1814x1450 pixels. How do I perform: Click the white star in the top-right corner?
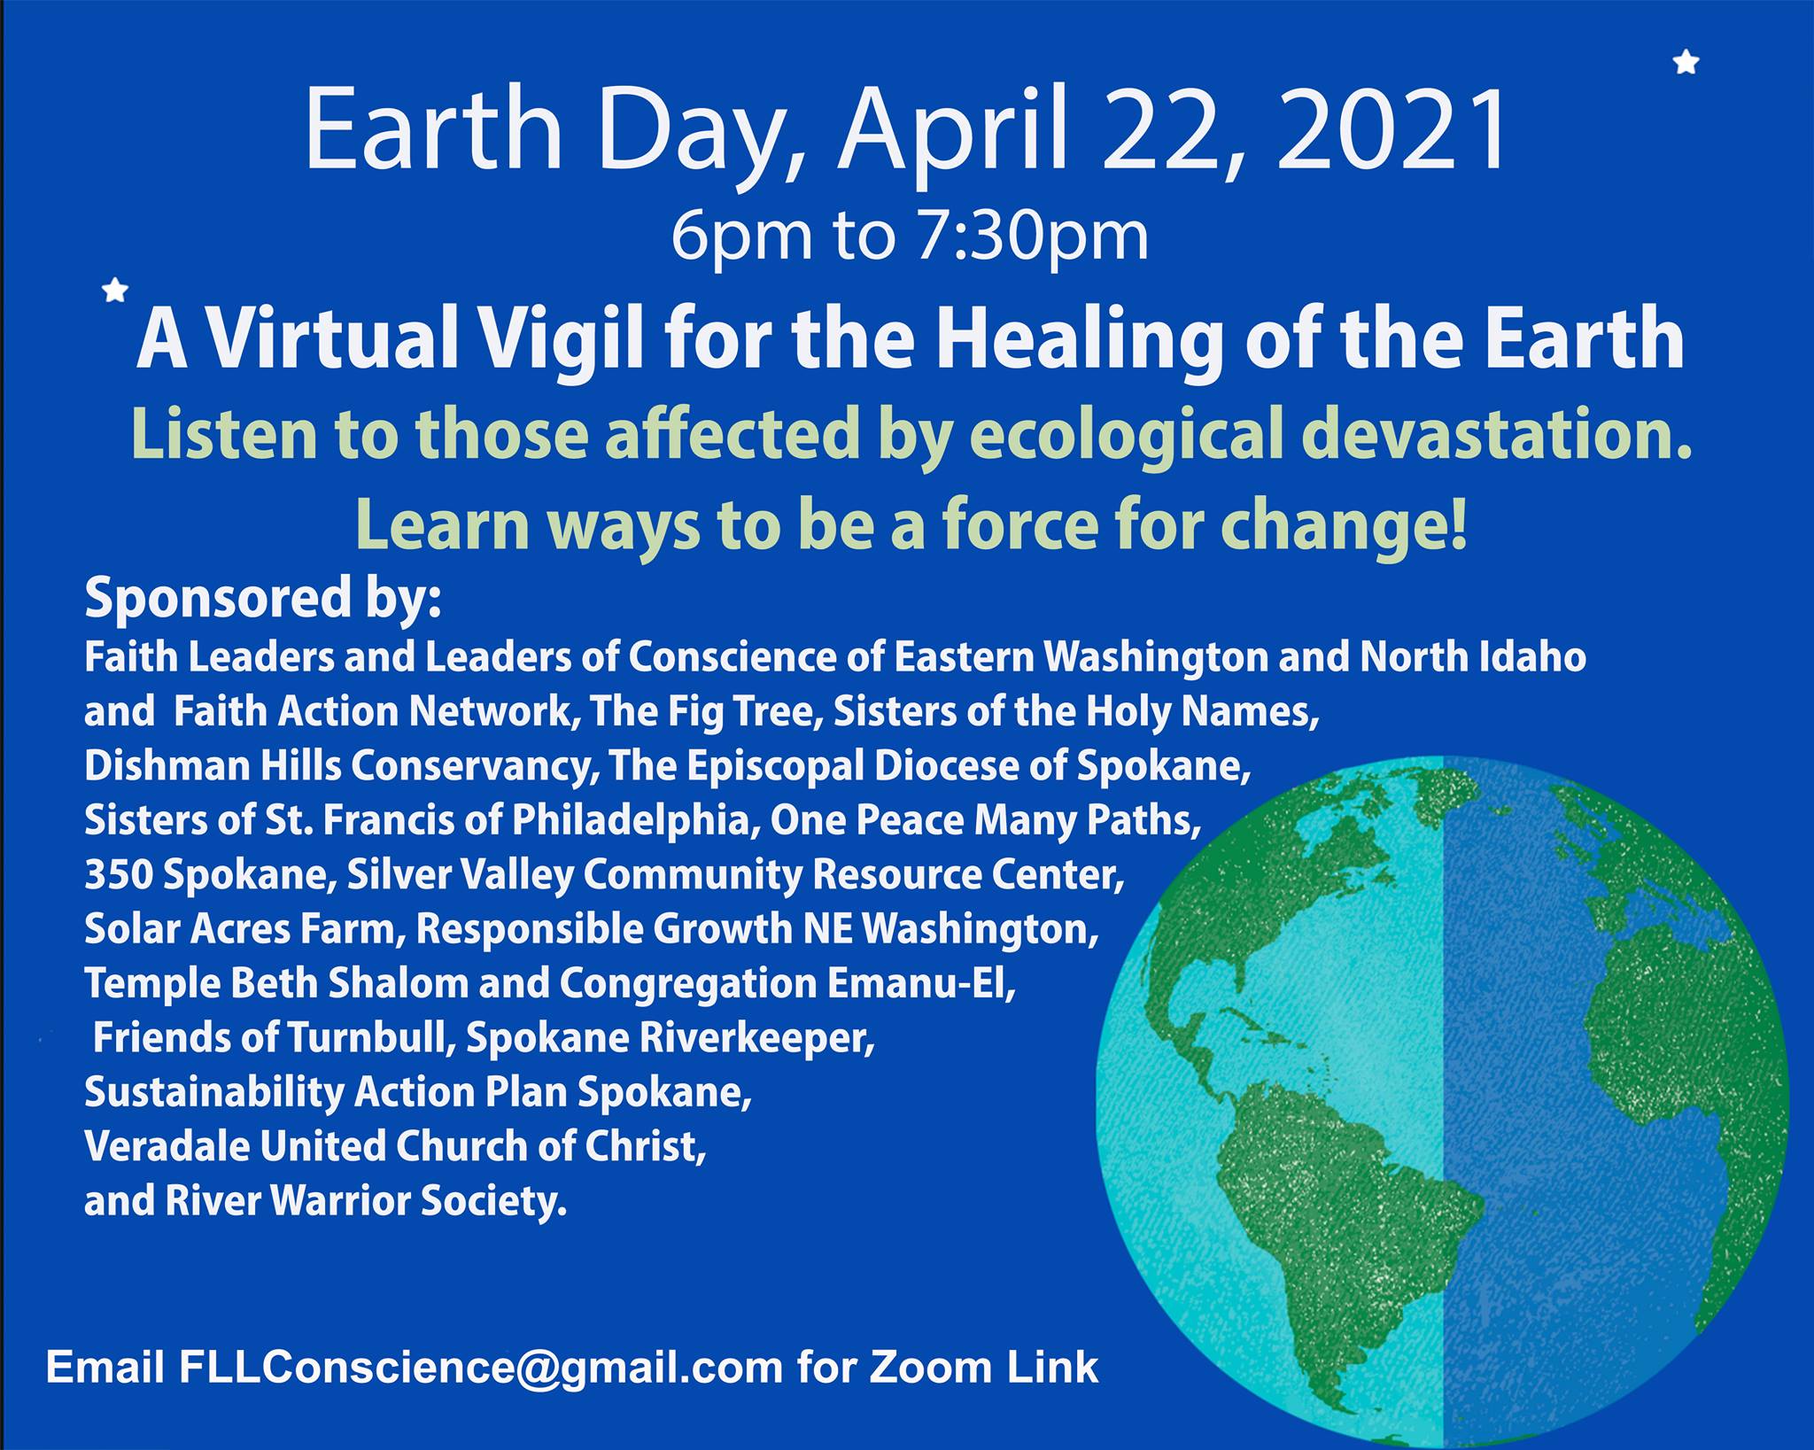pos(1686,63)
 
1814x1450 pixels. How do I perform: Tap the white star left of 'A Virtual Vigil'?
pos(116,290)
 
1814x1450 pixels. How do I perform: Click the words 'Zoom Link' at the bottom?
pos(982,1368)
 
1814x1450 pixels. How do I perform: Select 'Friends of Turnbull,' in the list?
pos(275,1039)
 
